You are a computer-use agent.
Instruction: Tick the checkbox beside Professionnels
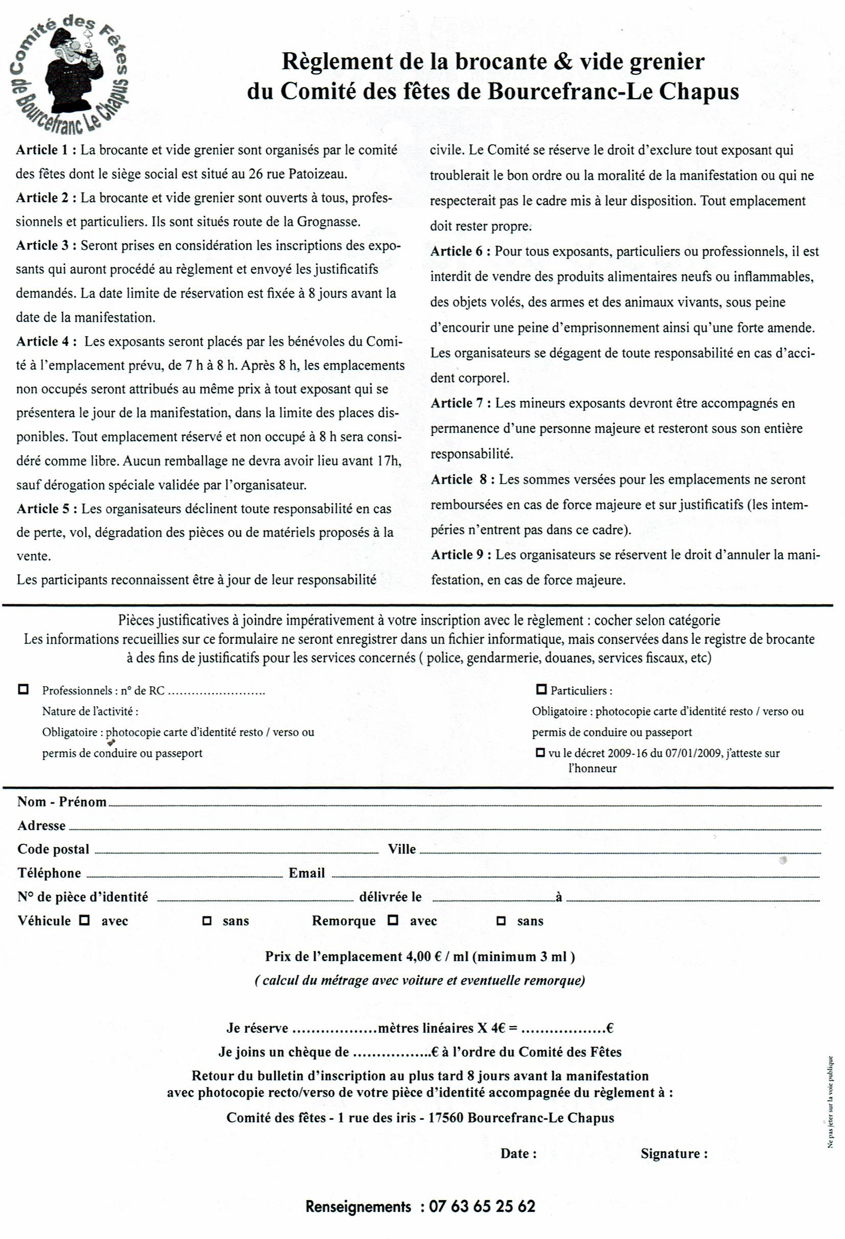23,689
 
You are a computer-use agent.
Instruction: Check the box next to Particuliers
541,689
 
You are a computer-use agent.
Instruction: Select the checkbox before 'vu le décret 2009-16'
540,753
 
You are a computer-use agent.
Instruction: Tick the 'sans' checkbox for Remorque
501,920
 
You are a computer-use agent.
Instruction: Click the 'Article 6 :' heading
461,251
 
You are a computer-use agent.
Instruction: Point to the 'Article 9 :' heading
461,554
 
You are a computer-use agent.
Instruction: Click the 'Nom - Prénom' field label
62,802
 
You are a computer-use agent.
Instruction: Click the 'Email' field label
307,873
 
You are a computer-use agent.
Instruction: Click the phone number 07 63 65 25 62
482,1206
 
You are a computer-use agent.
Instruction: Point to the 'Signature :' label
674,1153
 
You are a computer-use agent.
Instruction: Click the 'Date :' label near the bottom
518,1153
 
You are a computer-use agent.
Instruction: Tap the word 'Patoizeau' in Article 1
318,174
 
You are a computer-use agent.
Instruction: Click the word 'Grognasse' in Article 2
329,222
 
